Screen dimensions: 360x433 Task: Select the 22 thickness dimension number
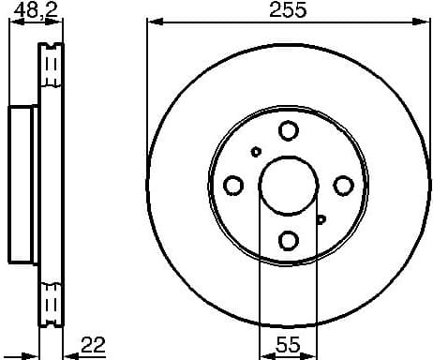pyautogui.click(x=91, y=344)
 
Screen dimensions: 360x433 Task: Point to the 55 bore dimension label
pyautogui.click(x=288, y=344)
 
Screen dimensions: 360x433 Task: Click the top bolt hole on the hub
pyautogui.click(x=289, y=130)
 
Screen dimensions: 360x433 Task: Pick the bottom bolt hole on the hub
pyautogui.click(x=289, y=240)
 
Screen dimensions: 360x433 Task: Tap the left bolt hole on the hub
pyautogui.click(x=233, y=185)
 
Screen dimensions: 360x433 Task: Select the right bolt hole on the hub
pyautogui.click(x=343, y=185)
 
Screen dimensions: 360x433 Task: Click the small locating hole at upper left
pyautogui.click(x=256, y=151)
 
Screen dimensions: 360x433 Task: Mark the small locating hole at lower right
pyautogui.click(x=321, y=219)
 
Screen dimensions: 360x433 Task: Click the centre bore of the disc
pyautogui.click(x=289, y=185)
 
